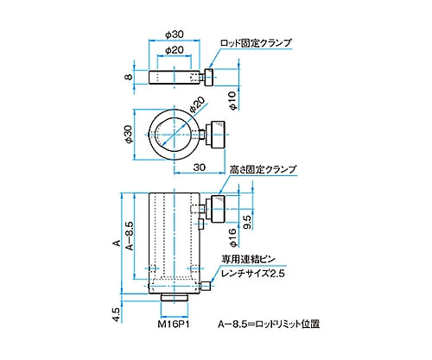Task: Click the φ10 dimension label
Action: pos(232,104)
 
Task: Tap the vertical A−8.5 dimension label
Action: pos(130,234)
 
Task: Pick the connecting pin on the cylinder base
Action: pos(210,286)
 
